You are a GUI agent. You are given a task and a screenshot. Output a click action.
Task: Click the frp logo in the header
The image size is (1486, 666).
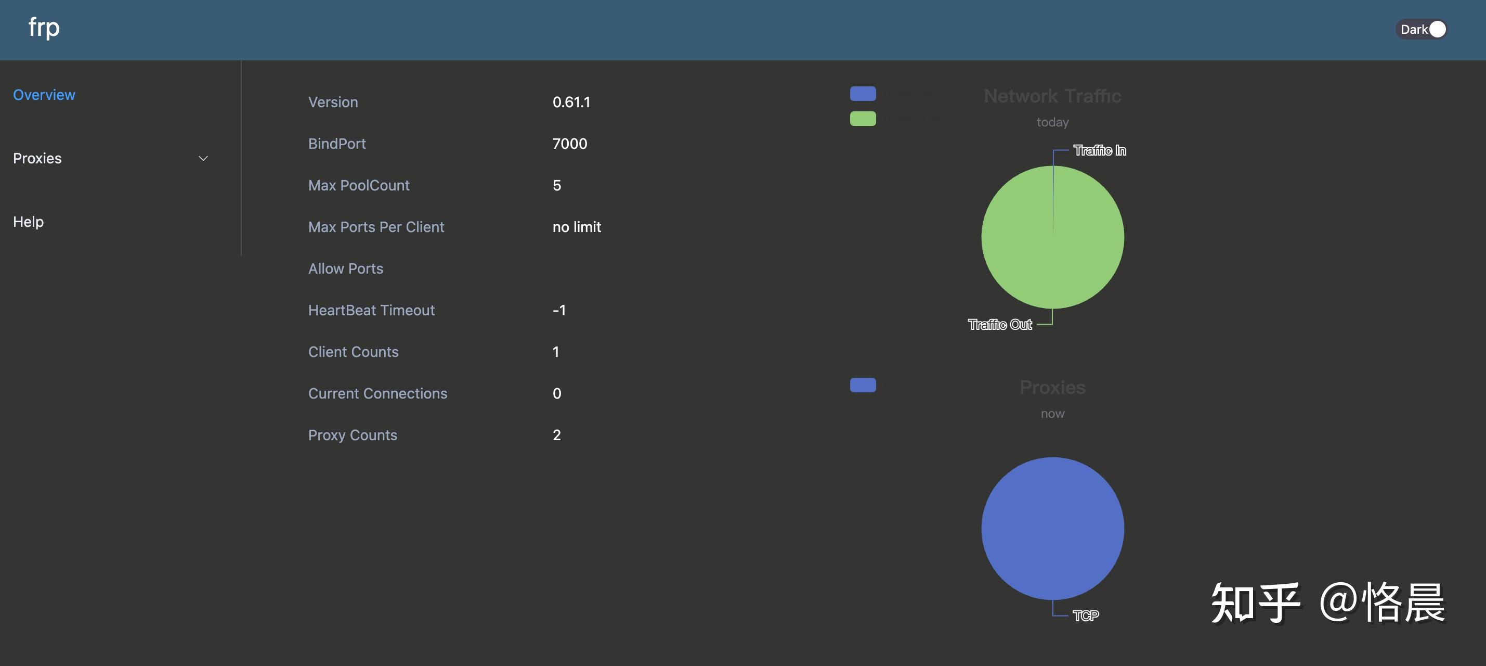click(x=44, y=27)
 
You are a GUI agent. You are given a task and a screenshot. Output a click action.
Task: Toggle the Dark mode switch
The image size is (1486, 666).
click(x=1423, y=29)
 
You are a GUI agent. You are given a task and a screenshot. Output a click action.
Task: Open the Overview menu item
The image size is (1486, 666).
click(x=44, y=95)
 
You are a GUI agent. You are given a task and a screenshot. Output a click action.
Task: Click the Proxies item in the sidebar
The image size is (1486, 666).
click(x=37, y=158)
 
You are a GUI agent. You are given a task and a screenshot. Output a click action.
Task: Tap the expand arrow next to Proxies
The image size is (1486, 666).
click(x=203, y=158)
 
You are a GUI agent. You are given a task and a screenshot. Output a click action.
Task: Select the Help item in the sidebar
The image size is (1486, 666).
click(x=28, y=222)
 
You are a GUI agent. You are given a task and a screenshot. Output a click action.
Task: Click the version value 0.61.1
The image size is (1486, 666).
click(x=571, y=102)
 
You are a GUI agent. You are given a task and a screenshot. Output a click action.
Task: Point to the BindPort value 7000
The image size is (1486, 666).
click(x=569, y=144)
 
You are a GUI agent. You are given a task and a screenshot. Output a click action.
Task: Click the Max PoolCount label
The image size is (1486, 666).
click(x=358, y=185)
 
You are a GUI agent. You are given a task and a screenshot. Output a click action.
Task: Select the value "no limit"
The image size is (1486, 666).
click(x=576, y=227)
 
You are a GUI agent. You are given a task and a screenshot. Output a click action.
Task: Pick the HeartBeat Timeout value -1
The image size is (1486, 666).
click(x=558, y=310)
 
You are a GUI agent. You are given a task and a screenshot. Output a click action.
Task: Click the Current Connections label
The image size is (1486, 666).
click(x=377, y=393)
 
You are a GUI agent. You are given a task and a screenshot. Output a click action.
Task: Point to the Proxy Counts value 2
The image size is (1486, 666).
click(x=556, y=434)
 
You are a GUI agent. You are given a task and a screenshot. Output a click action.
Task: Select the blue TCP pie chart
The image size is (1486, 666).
click(x=1052, y=528)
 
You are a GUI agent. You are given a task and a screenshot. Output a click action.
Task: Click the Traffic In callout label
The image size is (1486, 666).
click(x=1099, y=150)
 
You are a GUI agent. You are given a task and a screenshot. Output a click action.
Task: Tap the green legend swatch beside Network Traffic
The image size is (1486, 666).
click(x=863, y=118)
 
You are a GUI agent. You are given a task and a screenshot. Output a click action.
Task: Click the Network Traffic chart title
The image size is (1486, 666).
click(x=1052, y=96)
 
